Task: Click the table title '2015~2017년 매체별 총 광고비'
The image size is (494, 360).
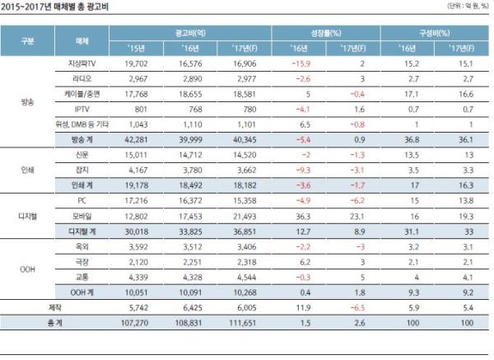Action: [55, 7]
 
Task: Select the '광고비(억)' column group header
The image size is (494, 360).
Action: [192, 31]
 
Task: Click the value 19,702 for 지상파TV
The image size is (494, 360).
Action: [136, 62]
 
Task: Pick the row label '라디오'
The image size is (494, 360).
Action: [81, 77]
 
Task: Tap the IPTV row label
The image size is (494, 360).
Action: [81, 108]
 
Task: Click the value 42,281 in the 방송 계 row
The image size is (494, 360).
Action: [136, 139]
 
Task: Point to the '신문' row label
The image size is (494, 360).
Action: [81, 154]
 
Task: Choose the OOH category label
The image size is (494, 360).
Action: [27, 269]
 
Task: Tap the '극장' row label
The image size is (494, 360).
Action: [81, 262]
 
